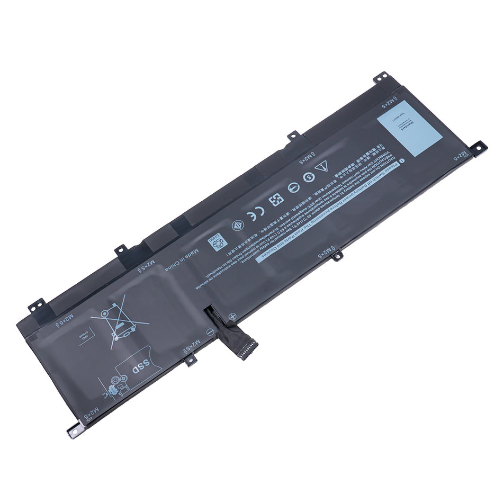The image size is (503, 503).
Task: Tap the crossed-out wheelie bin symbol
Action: click(120, 322)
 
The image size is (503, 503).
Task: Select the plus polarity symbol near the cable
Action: click(232, 317)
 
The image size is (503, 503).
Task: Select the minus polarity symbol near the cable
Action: click(210, 331)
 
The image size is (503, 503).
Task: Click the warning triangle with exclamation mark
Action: click(322, 167)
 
